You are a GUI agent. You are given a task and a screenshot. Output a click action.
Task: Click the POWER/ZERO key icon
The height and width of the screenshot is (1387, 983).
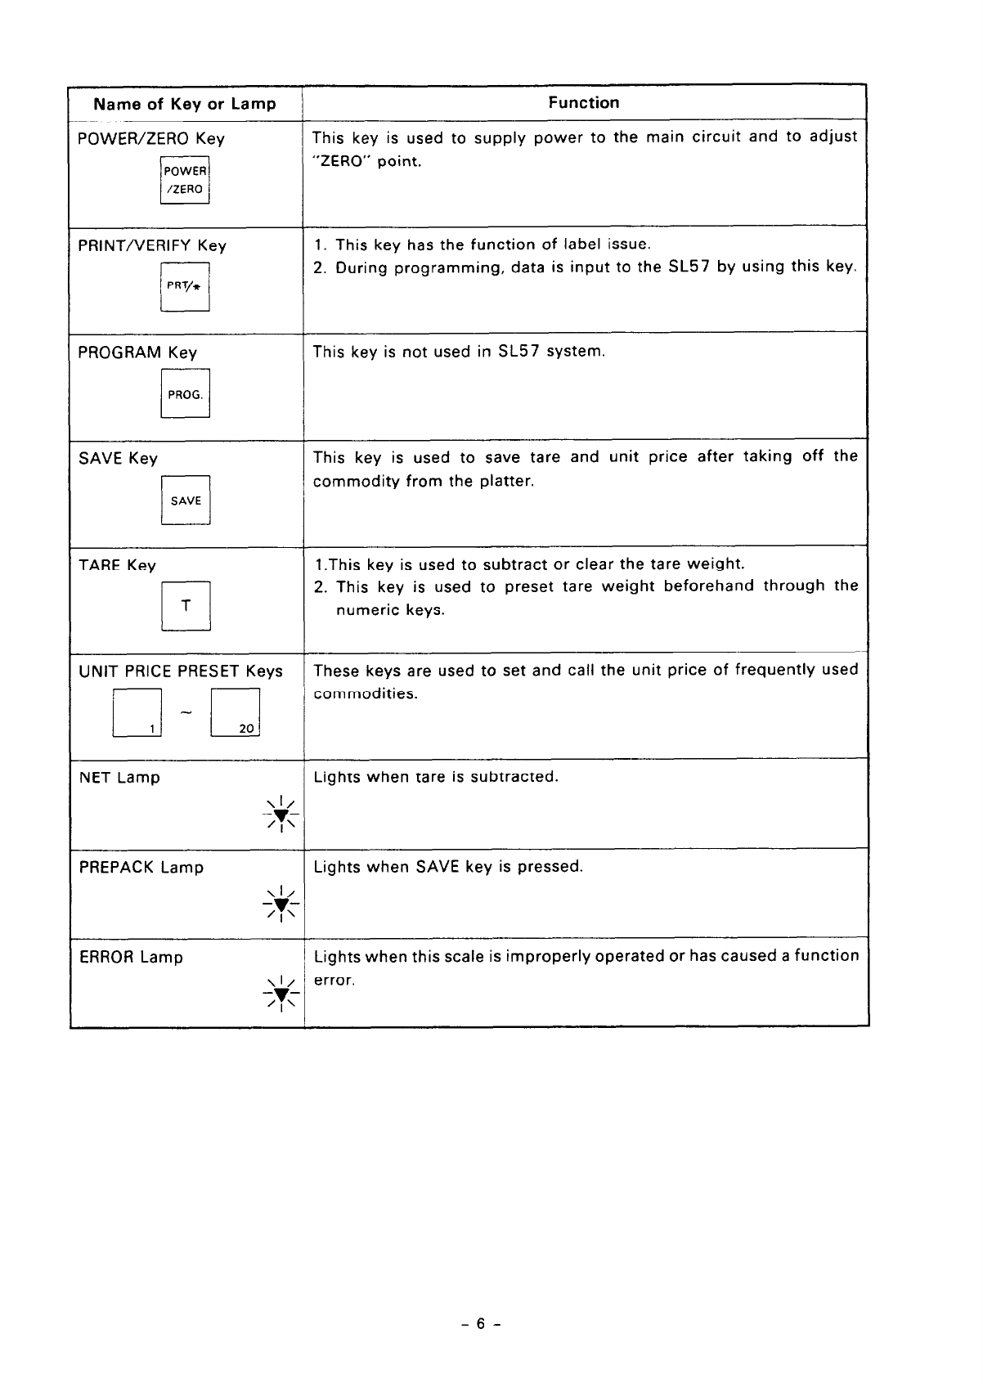185,180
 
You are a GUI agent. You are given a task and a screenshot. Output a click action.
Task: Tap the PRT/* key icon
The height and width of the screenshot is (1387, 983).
185,286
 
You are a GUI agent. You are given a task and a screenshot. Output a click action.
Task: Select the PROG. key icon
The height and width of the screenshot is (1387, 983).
185,393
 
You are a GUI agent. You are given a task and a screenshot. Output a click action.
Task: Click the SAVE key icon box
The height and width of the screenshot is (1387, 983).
186,500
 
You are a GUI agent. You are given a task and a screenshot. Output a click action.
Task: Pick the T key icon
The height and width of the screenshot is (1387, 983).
186,606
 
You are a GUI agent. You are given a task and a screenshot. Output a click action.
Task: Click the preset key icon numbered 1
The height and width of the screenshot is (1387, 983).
137,713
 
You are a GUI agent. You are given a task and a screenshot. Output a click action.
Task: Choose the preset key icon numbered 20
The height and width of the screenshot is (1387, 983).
236,713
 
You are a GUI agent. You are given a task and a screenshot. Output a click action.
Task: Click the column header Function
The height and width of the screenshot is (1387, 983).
584,103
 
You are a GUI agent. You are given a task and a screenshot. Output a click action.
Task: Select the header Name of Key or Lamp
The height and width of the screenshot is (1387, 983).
185,104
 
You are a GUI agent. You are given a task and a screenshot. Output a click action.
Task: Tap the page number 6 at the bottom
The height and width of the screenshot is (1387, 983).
481,1323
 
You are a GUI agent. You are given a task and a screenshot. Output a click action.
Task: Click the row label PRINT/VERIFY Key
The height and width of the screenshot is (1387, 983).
152,245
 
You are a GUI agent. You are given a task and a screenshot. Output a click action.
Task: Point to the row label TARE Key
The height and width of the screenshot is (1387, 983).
117,565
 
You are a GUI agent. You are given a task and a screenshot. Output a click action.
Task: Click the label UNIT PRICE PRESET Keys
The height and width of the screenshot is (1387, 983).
181,671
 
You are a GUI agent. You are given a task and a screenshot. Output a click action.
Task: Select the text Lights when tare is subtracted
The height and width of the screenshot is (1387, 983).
436,776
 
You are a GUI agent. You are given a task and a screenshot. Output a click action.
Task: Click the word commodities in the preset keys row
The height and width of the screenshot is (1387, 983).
366,694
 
